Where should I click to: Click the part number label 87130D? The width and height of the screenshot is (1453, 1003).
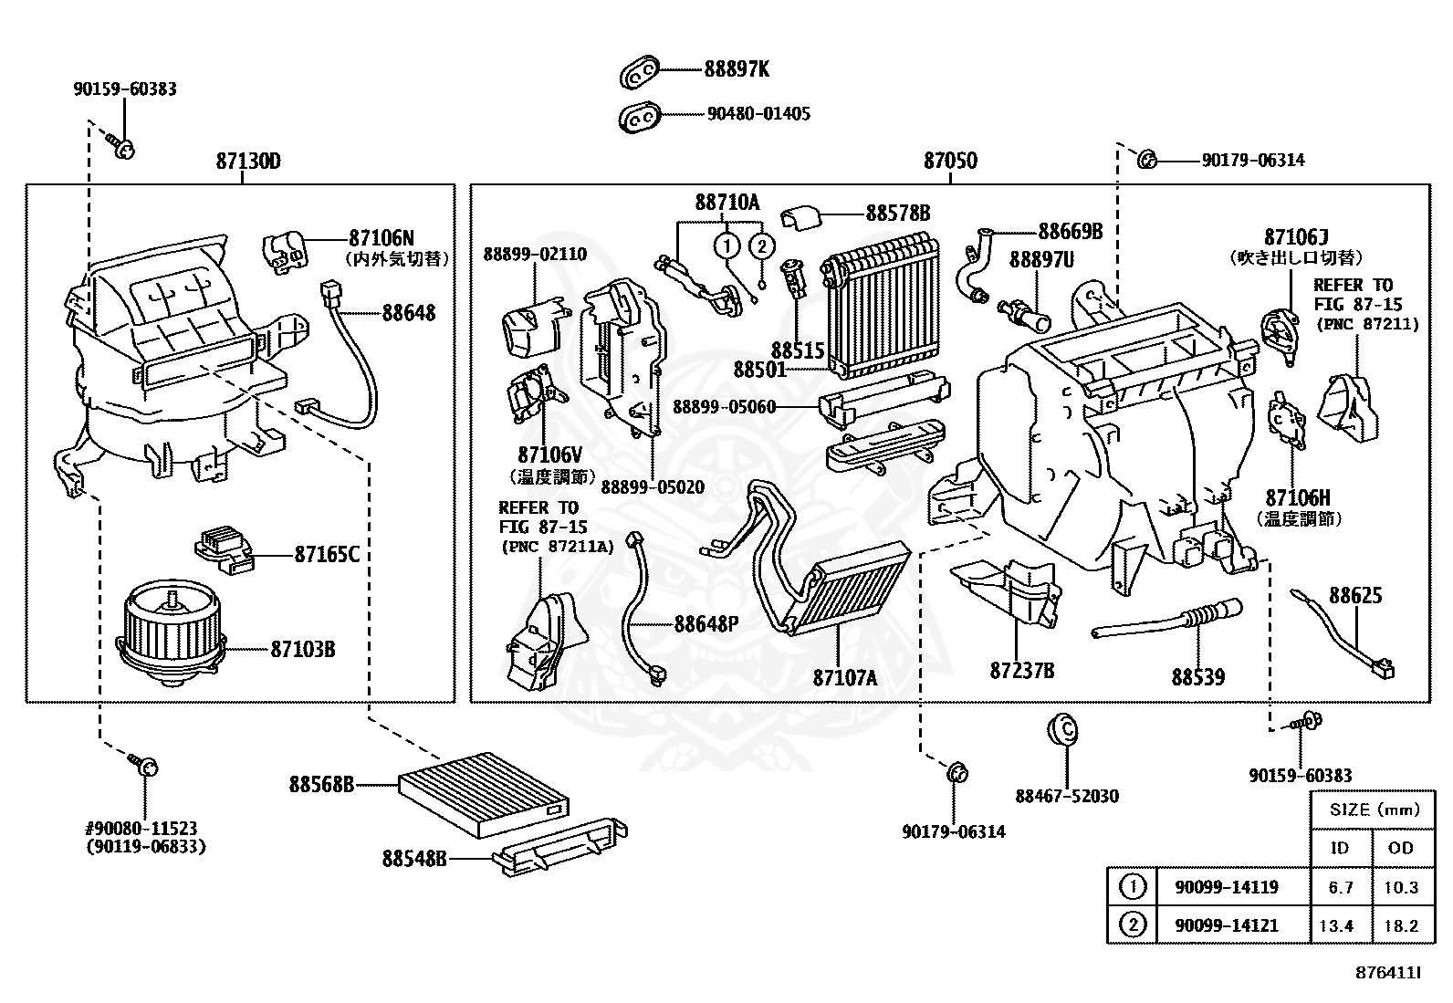click(247, 162)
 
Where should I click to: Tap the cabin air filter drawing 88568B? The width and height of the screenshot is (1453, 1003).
click(484, 794)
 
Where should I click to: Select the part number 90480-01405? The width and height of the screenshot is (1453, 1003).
click(758, 114)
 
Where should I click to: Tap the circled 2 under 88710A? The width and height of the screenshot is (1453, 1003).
click(762, 246)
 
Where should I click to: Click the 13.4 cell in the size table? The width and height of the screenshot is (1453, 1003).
click(1335, 925)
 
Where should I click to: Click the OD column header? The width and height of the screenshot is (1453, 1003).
click(1400, 849)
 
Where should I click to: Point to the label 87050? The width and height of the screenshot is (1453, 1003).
click(950, 162)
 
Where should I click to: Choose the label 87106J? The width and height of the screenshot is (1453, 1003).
click(1296, 237)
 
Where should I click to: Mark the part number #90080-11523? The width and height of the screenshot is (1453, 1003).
click(141, 829)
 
